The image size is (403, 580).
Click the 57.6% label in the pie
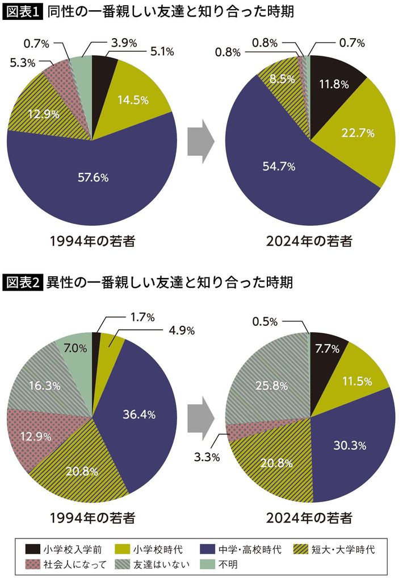(93, 177)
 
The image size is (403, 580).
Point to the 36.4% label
(138, 414)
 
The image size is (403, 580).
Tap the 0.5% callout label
(265, 322)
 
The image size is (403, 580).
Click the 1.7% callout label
(142, 318)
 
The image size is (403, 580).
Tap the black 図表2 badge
(23, 281)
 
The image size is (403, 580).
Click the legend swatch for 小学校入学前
(33, 549)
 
